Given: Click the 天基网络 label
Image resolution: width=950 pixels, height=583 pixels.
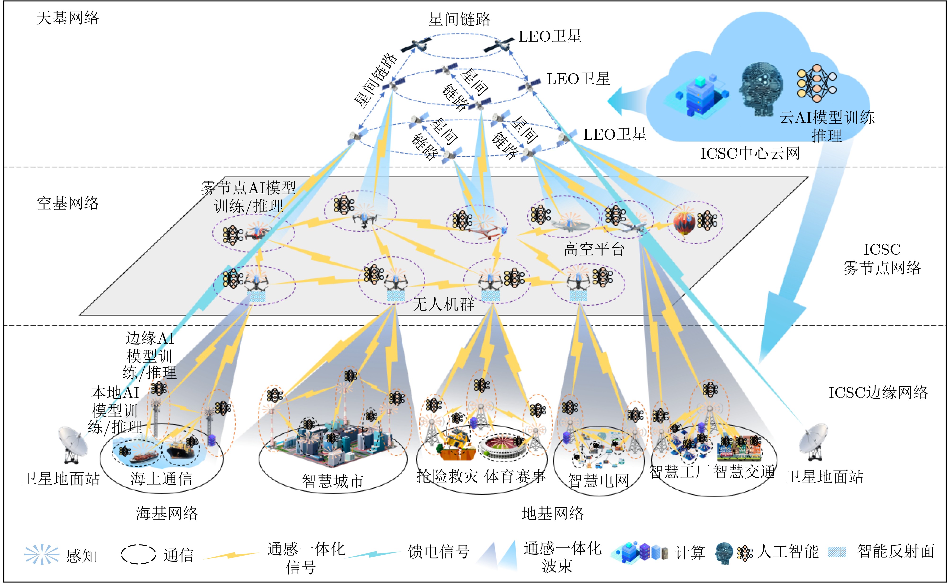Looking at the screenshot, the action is pos(68,18).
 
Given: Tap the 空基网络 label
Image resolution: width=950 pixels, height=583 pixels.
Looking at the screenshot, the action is pos(68,203).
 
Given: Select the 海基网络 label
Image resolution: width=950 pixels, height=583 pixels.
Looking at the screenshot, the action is pos(167,513).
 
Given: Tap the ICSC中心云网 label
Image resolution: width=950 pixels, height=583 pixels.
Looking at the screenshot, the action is pos(750,153).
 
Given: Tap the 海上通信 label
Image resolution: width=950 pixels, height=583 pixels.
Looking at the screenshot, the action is pos(161,479).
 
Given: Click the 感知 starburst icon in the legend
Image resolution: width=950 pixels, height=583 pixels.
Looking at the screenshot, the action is pos(42,554).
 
